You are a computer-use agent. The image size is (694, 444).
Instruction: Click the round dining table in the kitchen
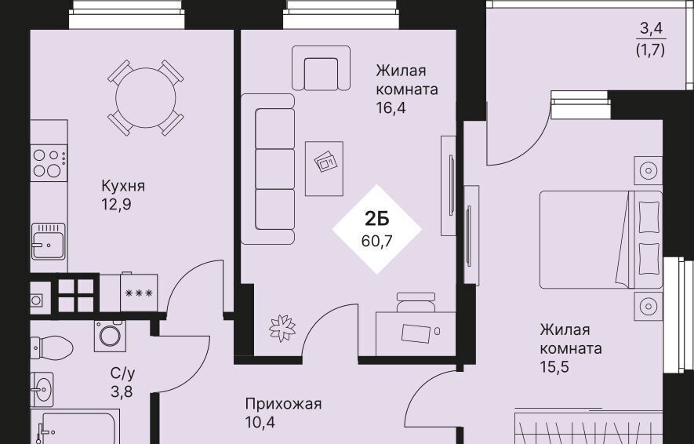146,98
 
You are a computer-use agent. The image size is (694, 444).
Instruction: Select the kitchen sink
49,242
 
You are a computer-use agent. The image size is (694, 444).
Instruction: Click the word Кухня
123,186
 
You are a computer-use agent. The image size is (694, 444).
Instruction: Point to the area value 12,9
116,205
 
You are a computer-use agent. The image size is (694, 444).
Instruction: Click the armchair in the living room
321,68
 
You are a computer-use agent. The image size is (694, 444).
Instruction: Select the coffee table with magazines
324,169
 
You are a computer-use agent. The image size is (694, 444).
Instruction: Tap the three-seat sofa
268,169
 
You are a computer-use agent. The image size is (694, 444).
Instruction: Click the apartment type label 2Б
376,219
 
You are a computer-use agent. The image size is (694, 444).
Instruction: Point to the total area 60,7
376,242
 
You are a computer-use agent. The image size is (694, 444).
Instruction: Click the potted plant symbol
282,328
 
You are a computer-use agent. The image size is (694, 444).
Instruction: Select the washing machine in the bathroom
110,336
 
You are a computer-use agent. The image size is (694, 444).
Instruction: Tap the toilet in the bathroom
51,348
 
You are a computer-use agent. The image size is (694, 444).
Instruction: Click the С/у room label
122,373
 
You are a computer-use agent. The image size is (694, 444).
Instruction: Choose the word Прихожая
283,404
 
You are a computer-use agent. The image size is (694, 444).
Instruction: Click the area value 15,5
554,367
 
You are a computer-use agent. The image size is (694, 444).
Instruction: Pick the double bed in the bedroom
601,239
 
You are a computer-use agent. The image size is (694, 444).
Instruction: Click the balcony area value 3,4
651,29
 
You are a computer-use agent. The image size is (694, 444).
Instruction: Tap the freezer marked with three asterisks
139,293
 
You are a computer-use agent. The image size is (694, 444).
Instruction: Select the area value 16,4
391,107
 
